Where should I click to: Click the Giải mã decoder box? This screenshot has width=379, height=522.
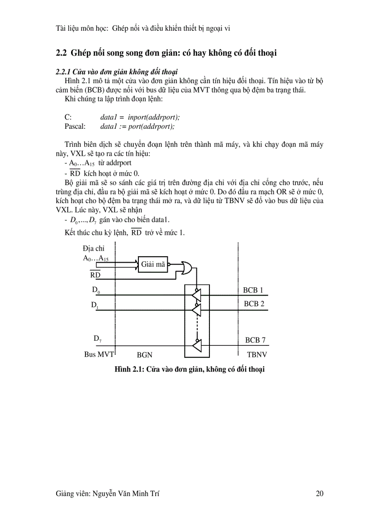153,264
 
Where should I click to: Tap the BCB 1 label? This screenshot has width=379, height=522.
253,291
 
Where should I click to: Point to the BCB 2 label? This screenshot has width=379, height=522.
254,304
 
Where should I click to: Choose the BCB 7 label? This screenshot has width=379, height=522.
255,340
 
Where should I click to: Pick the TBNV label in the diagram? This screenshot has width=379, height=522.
256,354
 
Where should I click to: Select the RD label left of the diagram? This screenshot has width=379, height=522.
95,275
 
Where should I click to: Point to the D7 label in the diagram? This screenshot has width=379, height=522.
98,339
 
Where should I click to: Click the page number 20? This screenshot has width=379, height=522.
319,493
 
